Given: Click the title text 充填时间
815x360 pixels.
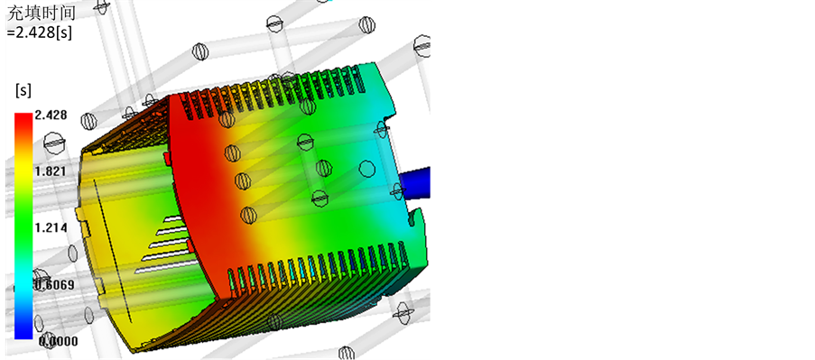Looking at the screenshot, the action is [42, 13].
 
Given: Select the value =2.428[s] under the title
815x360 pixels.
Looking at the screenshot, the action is [40, 32].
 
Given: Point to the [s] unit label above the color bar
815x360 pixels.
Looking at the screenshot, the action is [23, 90].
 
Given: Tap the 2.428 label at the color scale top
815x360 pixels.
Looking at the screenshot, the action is [51, 115].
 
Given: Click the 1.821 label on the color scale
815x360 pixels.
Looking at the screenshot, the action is [51, 171].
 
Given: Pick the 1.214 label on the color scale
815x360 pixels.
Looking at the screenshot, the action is [51, 227].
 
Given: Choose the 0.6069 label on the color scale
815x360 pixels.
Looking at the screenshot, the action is [54, 285].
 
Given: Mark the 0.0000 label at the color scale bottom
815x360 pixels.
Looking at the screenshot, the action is [57, 341].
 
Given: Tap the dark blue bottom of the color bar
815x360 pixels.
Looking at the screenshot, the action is [23, 328].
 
